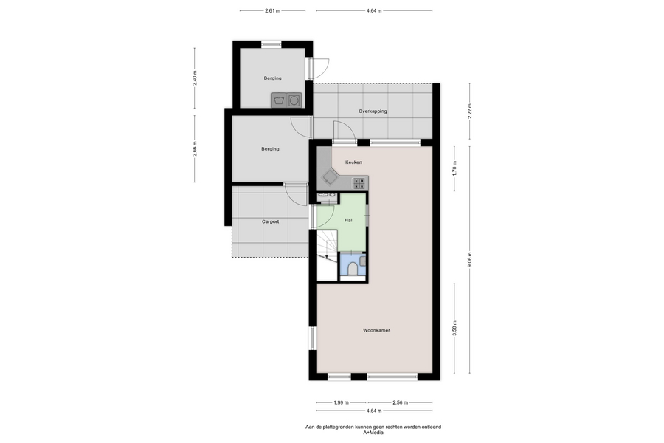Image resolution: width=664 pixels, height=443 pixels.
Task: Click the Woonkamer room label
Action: [376, 330]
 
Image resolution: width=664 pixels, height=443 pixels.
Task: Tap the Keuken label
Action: [353, 162]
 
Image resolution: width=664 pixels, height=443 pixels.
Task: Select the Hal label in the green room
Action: [348, 221]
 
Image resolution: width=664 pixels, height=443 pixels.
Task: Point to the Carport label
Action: [270, 221]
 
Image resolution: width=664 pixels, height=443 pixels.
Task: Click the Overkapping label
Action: [373, 111]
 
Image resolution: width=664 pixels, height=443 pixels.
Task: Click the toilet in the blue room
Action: [353, 269]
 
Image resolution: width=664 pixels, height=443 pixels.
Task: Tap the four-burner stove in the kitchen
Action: [359, 184]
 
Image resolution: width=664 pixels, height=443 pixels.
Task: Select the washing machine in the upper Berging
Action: [278, 100]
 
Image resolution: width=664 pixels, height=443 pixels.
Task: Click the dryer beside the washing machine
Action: [294, 100]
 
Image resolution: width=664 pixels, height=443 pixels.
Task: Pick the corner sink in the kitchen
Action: [330, 177]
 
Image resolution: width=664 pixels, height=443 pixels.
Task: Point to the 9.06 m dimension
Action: [470, 260]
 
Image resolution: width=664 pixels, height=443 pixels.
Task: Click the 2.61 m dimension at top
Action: [273, 10]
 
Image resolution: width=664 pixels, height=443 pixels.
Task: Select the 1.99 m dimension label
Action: [341, 402]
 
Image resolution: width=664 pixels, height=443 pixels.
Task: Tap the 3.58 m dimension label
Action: [454, 328]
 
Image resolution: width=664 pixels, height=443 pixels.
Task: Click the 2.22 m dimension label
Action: [470, 111]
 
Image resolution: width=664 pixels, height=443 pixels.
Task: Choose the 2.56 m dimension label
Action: [400, 402]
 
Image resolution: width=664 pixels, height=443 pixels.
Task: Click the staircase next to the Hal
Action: [327, 255]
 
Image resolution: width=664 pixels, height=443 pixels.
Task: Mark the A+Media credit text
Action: [373, 433]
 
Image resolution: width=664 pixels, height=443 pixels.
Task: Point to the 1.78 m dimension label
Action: [454, 168]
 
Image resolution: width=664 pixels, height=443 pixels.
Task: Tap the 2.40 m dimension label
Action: [195, 78]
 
